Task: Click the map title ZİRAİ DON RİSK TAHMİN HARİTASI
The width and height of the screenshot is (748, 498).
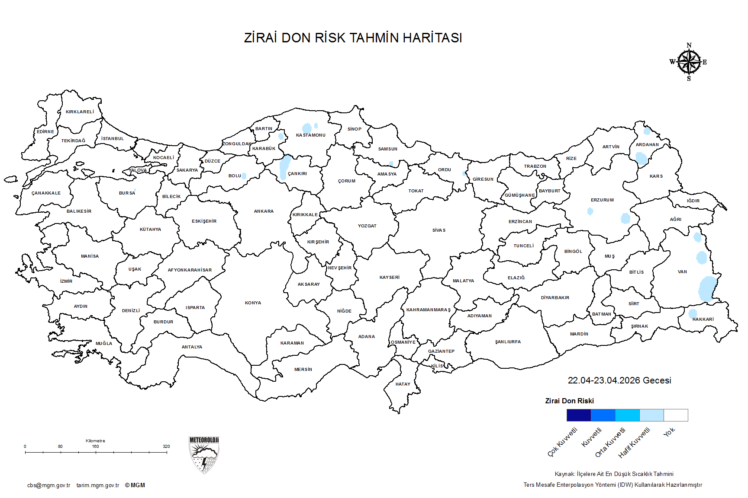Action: pyautogui.click(x=353, y=38)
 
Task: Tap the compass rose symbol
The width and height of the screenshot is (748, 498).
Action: pyautogui.click(x=689, y=62)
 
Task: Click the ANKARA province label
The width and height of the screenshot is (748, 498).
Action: pyautogui.click(x=264, y=211)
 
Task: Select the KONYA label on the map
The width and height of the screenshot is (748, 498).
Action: pyautogui.click(x=253, y=303)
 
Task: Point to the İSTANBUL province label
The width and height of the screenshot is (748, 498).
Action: pyautogui.click(x=113, y=139)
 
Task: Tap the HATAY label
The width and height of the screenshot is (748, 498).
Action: pyautogui.click(x=403, y=384)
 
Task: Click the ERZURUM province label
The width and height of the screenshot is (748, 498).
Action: pyautogui.click(x=602, y=200)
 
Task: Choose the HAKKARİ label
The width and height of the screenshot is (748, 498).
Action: pyautogui.click(x=703, y=319)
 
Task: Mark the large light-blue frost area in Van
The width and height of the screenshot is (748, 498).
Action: pyautogui.click(x=707, y=288)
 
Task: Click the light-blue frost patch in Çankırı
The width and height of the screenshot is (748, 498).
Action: pyautogui.click(x=285, y=166)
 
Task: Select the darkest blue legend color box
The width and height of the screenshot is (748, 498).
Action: pyautogui.click(x=579, y=415)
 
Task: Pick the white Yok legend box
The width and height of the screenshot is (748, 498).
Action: pyautogui.click(x=676, y=415)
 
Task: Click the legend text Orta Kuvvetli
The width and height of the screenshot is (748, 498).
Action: pyautogui.click(x=610, y=442)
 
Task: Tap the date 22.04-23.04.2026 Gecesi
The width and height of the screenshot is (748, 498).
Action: pyautogui.click(x=619, y=380)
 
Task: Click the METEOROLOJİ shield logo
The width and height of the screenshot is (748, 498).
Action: pyautogui.click(x=204, y=455)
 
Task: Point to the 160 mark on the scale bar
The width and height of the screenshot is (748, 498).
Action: pyautogui.click(x=95, y=447)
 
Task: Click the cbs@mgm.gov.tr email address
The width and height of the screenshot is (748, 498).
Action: pyautogui.click(x=48, y=485)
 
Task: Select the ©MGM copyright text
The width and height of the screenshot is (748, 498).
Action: pyautogui.click(x=135, y=485)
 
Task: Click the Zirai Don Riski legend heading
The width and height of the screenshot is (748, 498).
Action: pyautogui.click(x=569, y=401)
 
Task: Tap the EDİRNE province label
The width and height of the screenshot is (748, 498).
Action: pyautogui.click(x=45, y=132)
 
